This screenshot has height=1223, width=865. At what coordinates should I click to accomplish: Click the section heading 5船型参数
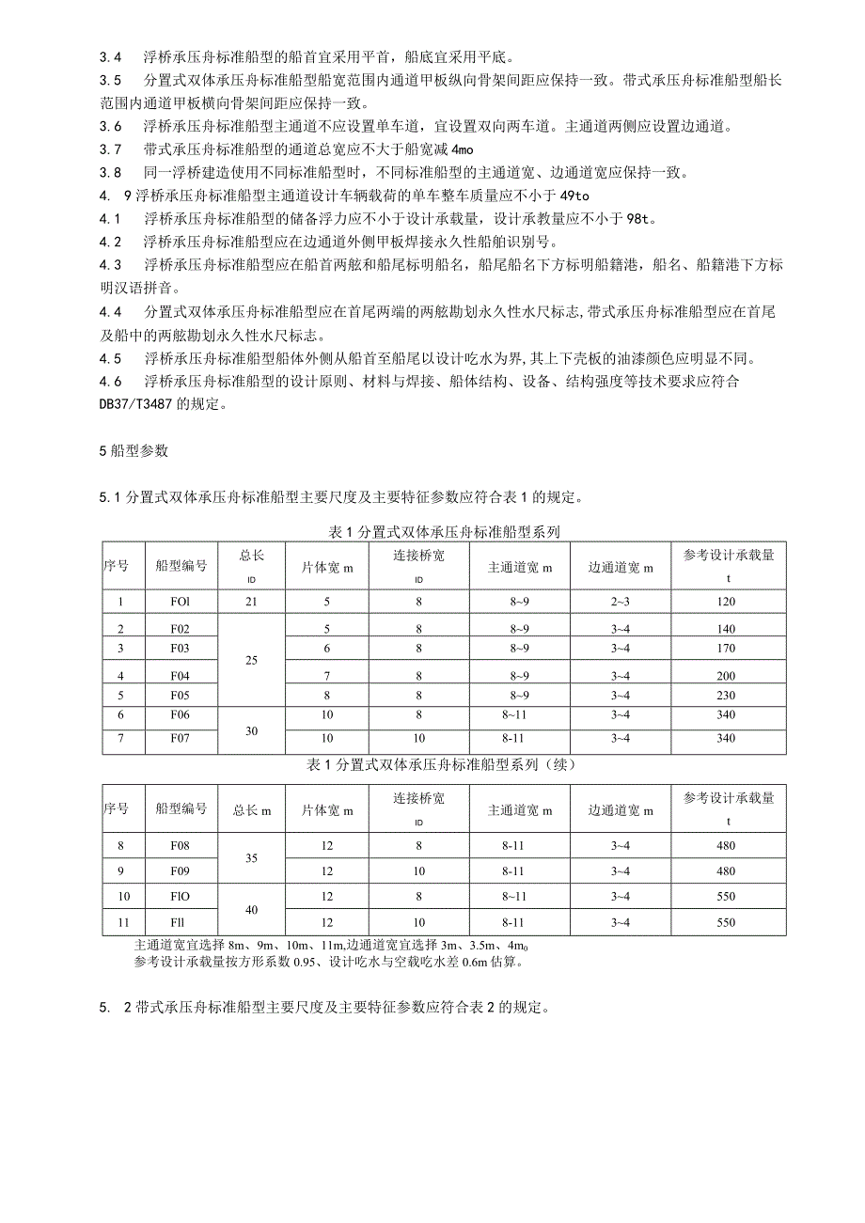[134, 450]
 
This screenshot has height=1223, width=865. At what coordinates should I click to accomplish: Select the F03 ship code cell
[181, 649]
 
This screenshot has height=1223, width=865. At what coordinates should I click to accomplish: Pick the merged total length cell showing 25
[251, 661]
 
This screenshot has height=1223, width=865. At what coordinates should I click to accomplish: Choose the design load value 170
[726, 649]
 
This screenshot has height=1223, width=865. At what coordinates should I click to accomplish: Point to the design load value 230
[726, 696]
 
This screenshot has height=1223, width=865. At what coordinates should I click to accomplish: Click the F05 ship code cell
[181, 696]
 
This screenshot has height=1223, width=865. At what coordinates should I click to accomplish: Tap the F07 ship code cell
[181, 739]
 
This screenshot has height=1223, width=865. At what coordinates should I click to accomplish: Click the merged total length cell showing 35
[251, 858]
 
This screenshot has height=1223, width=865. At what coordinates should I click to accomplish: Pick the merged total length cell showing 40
[251, 910]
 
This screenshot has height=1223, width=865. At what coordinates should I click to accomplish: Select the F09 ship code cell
[181, 870]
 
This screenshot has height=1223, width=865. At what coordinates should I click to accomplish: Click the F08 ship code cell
[181, 846]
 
